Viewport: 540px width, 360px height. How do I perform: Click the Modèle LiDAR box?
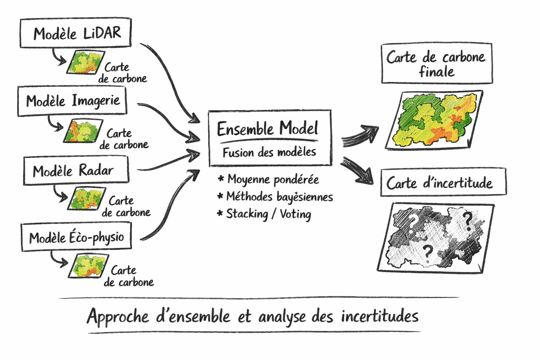(x=76, y=33)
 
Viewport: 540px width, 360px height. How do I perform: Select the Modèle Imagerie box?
(x=72, y=101)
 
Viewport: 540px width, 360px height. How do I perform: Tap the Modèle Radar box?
(x=76, y=170)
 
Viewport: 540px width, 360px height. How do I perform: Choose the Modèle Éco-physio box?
(x=76, y=237)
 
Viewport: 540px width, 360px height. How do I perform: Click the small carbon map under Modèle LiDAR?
(x=85, y=62)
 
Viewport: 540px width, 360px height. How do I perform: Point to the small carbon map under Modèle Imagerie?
(x=83, y=131)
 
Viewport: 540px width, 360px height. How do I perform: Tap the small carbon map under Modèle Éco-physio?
(x=88, y=265)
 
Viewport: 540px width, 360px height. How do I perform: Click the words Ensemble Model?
(x=268, y=128)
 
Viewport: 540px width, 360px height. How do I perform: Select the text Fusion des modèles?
(x=269, y=152)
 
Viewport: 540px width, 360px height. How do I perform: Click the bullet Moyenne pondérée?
(x=273, y=179)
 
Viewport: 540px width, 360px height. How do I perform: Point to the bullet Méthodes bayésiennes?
(x=279, y=197)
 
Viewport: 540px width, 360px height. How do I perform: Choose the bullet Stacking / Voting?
(x=268, y=214)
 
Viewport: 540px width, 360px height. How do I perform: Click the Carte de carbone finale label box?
(x=436, y=64)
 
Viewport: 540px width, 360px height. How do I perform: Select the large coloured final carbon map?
(x=435, y=120)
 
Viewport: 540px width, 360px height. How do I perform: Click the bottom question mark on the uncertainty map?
(x=427, y=252)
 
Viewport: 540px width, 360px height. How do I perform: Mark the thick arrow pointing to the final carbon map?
(x=361, y=135)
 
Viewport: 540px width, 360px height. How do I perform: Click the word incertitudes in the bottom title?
(x=380, y=316)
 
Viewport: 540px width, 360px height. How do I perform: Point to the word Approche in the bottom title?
(x=118, y=316)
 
